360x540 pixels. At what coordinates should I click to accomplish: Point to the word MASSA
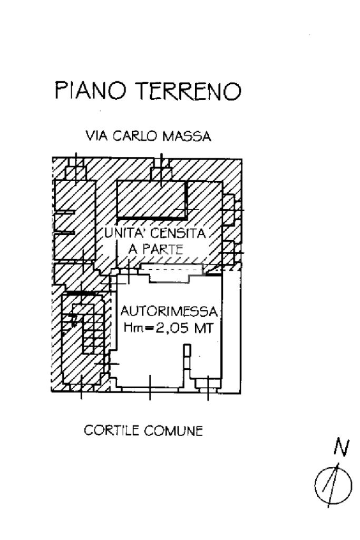click(187, 137)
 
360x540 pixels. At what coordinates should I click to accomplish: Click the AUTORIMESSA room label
click(169, 311)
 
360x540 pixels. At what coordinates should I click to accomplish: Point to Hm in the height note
click(132, 328)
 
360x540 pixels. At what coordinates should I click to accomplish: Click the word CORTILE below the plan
click(110, 430)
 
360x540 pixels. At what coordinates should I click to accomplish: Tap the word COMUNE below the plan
click(176, 430)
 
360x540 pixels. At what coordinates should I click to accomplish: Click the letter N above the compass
click(342, 448)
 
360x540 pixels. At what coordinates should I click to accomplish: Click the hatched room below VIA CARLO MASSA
click(151, 199)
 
